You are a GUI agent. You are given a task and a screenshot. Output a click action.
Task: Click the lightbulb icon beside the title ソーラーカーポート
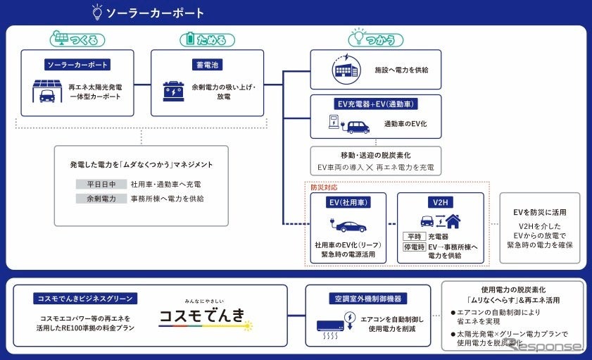tap(98, 12)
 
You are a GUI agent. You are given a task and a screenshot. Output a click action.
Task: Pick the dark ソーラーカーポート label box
tap(77, 65)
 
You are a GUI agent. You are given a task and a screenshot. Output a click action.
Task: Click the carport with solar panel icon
tap(47, 92)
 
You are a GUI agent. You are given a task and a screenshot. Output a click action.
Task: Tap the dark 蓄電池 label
tap(207, 65)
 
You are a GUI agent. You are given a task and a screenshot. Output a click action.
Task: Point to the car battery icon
tap(174, 92)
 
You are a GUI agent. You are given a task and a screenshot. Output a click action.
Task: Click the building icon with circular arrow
tap(346, 70)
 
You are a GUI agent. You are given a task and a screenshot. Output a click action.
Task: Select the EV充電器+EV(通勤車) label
tap(375, 104)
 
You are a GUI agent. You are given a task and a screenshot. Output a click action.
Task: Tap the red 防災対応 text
tap(325, 187)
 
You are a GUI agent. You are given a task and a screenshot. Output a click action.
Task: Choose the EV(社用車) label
tap(346, 203)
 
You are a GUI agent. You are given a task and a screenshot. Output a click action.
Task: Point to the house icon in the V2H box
tap(452, 221)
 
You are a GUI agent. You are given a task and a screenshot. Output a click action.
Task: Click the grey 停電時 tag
tap(414, 247)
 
